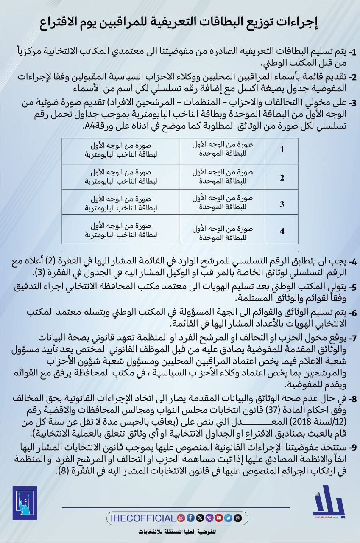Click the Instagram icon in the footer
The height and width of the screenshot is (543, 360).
tap(181, 518)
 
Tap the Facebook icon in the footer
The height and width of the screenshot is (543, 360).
tap(190, 518)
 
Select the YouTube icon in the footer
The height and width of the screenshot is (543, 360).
tap(219, 518)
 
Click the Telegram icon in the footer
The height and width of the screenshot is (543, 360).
tap(229, 518)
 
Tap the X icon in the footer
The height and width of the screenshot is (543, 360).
tap(200, 518)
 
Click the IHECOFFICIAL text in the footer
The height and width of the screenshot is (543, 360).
tap(142, 518)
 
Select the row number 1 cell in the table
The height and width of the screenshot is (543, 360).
tap(282, 150)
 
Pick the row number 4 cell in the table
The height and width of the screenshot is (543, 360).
tap(282, 231)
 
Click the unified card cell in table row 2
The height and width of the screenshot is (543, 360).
tap(223, 177)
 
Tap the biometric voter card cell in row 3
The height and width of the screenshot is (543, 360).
tap(121, 204)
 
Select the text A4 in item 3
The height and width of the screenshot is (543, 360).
tap(89, 126)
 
